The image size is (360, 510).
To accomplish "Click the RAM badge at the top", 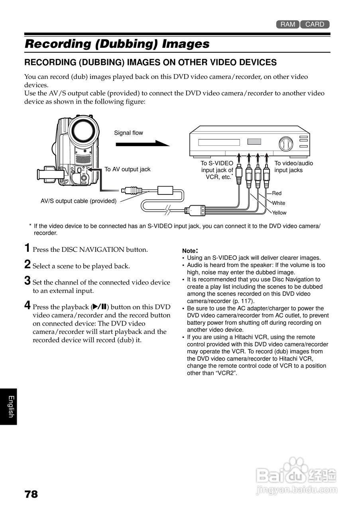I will click(x=288, y=24).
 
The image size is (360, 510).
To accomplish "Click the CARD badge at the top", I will click(x=315, y=24).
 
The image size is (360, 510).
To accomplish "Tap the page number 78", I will click(x=31, y=494).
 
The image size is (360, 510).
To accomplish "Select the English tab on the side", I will click(x=11, y=406).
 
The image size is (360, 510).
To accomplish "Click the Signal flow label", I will click(x=128, y=133).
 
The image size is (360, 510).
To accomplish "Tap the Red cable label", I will click(x=277, y=193).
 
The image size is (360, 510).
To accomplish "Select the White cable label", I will click(x=279, y=203).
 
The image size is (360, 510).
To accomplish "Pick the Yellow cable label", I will click(x=279, y=212).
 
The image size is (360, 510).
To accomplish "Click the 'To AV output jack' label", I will click(x=127, y=169).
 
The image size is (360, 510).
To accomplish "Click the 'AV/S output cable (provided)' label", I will click(x=79, y=201).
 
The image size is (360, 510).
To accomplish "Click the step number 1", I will click(x=27, y=248).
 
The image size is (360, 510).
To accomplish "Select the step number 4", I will click(x=27, y=305).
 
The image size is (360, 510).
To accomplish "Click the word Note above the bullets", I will click(x=189, y=251).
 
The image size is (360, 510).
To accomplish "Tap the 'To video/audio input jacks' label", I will click(x=294, y=167).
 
